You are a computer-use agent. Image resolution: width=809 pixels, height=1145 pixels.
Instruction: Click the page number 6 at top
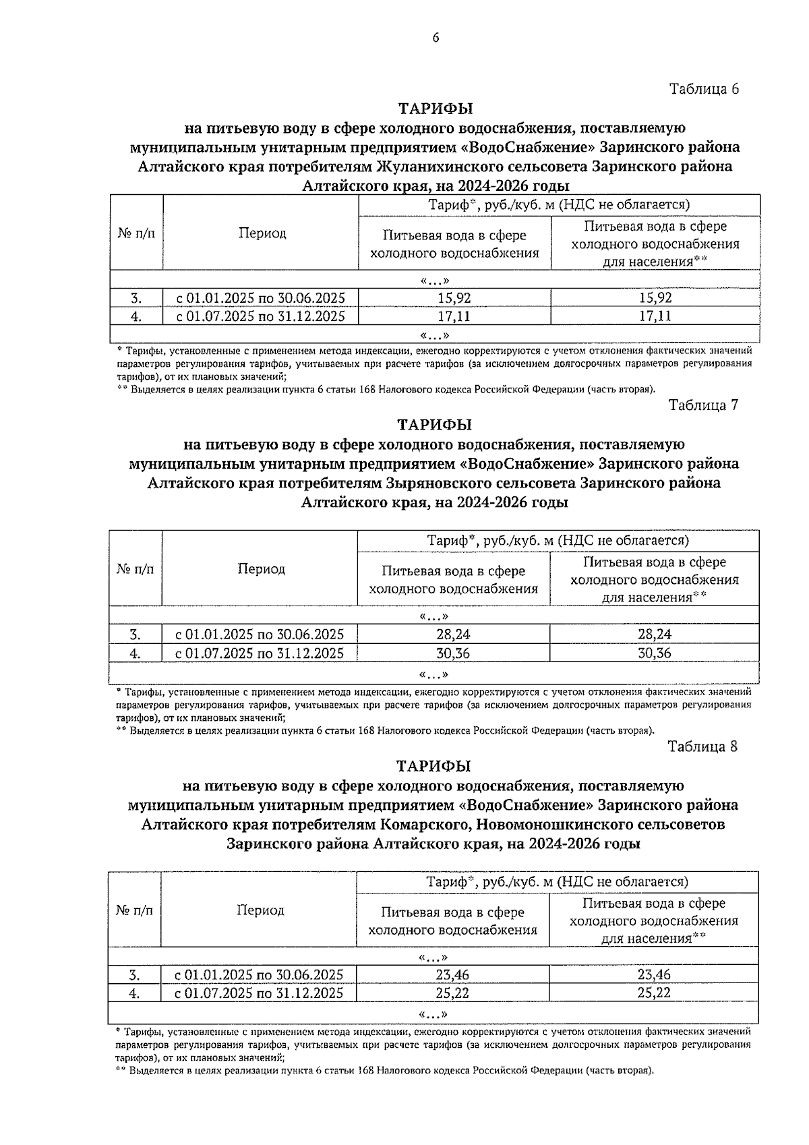click(436, 38)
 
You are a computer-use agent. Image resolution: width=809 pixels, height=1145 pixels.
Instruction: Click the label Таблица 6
click(704, 89)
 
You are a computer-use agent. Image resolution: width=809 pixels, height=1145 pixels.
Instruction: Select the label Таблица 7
click(703, 405)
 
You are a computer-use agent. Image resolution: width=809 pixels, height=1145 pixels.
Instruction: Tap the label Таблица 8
click(702, 746)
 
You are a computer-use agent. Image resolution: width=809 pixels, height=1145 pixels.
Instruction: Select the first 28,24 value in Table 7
click(453, 634)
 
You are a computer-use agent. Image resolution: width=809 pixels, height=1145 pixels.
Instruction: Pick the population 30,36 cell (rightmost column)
click(654, 653)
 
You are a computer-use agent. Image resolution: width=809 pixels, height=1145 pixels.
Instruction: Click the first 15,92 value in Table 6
click(454, 298)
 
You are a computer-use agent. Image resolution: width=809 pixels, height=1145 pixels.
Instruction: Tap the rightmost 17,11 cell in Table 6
click(655, 316)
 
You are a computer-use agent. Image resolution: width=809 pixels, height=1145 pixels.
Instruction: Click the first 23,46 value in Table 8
click(452, 974)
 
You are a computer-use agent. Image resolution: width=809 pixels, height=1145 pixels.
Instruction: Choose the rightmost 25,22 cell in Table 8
click(653, 993)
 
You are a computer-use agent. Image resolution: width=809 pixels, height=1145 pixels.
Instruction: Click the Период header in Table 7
click(261, 569)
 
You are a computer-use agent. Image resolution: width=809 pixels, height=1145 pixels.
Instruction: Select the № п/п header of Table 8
click(134, 910)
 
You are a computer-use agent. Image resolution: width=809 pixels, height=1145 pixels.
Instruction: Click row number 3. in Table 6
click(136, 298)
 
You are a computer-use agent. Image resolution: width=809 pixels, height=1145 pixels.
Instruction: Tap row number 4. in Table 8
click(134, 993)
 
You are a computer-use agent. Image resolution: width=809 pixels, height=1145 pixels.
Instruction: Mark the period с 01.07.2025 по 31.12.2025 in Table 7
click(260, 653)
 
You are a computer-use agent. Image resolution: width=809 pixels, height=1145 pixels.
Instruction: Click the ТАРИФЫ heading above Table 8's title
click(433, 766)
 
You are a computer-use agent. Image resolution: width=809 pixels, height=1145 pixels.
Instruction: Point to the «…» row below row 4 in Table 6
click(434, 335)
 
